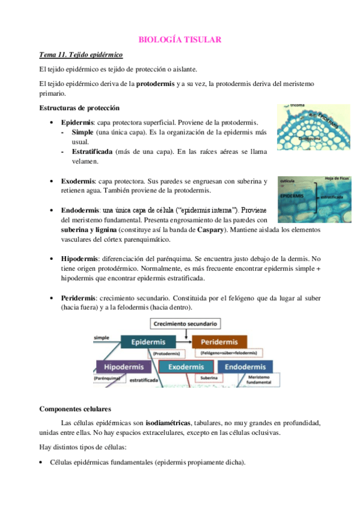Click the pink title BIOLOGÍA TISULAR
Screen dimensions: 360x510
tap(180, 40)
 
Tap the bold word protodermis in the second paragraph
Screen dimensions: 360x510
tap(156, 84)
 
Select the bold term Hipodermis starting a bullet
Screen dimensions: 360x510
tap(79, 259)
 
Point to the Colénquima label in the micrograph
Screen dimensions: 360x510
tap(310, 138)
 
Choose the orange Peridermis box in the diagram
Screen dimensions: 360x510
tap(219, 342)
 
